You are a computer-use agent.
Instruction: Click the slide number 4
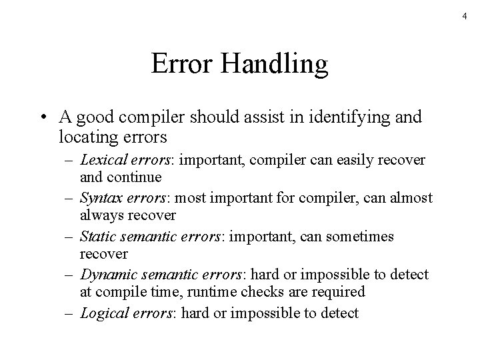tap(465, 16)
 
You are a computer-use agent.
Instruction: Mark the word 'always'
tap(100, 216)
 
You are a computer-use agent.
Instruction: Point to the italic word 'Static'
tap(97, 236)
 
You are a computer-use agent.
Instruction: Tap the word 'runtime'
tap(208, 292)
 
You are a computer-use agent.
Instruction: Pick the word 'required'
tap(341, 292)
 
